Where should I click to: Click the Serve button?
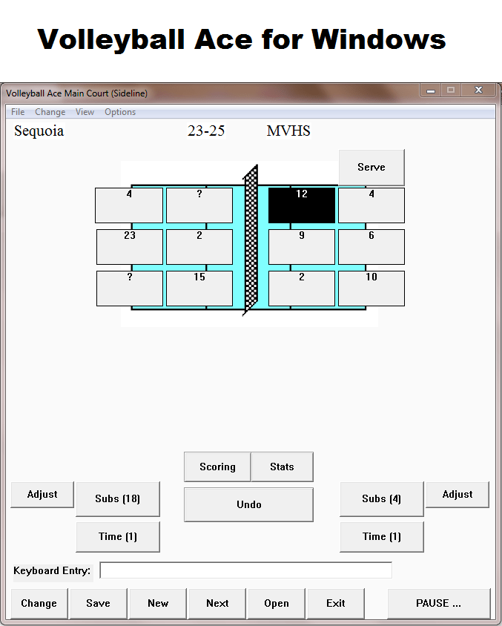(371, 168)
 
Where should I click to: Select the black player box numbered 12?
(302, 205)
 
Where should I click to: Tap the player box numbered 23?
(130, 247)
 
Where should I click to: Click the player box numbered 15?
(199, 289)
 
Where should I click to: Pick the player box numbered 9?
(302, 247)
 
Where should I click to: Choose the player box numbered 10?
(371, 289)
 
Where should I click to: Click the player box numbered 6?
(371, 247)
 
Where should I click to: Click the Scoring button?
(217, 467)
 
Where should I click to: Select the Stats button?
(282, 467)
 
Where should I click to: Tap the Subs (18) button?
(118, 499)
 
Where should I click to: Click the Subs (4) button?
(382, 499)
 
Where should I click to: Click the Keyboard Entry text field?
(245, 570)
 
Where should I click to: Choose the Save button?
(98, 603)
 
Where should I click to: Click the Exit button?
(336, 603)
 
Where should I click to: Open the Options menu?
(120, 112)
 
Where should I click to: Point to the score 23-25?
(206, 131)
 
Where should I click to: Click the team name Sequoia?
(39, 131)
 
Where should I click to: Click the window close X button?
(478, 90)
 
